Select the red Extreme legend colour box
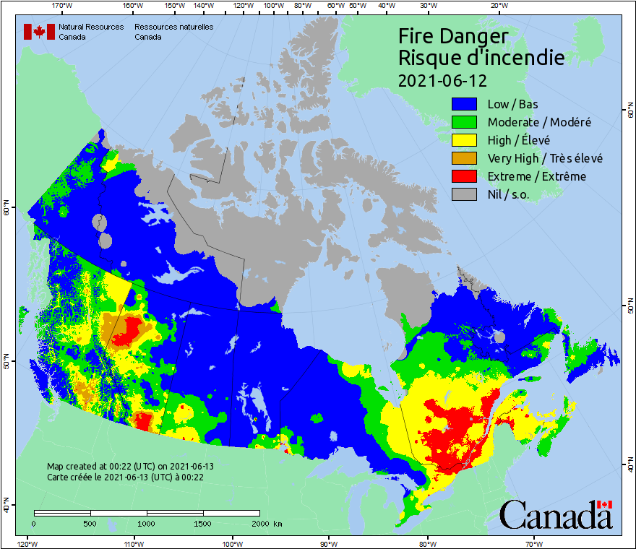(465, 176)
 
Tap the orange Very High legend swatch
(465, 158)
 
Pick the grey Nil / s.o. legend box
(465, 194)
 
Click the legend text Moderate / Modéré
(538, 122)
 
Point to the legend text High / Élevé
(518, 140)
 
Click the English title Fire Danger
(453, 37)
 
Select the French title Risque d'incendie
(481, 58)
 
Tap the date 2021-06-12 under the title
(442, 79)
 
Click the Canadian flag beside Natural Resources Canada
(39, 32)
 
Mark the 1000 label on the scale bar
(147, 524)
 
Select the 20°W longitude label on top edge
(497, 6)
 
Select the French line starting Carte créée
(125, 477)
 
